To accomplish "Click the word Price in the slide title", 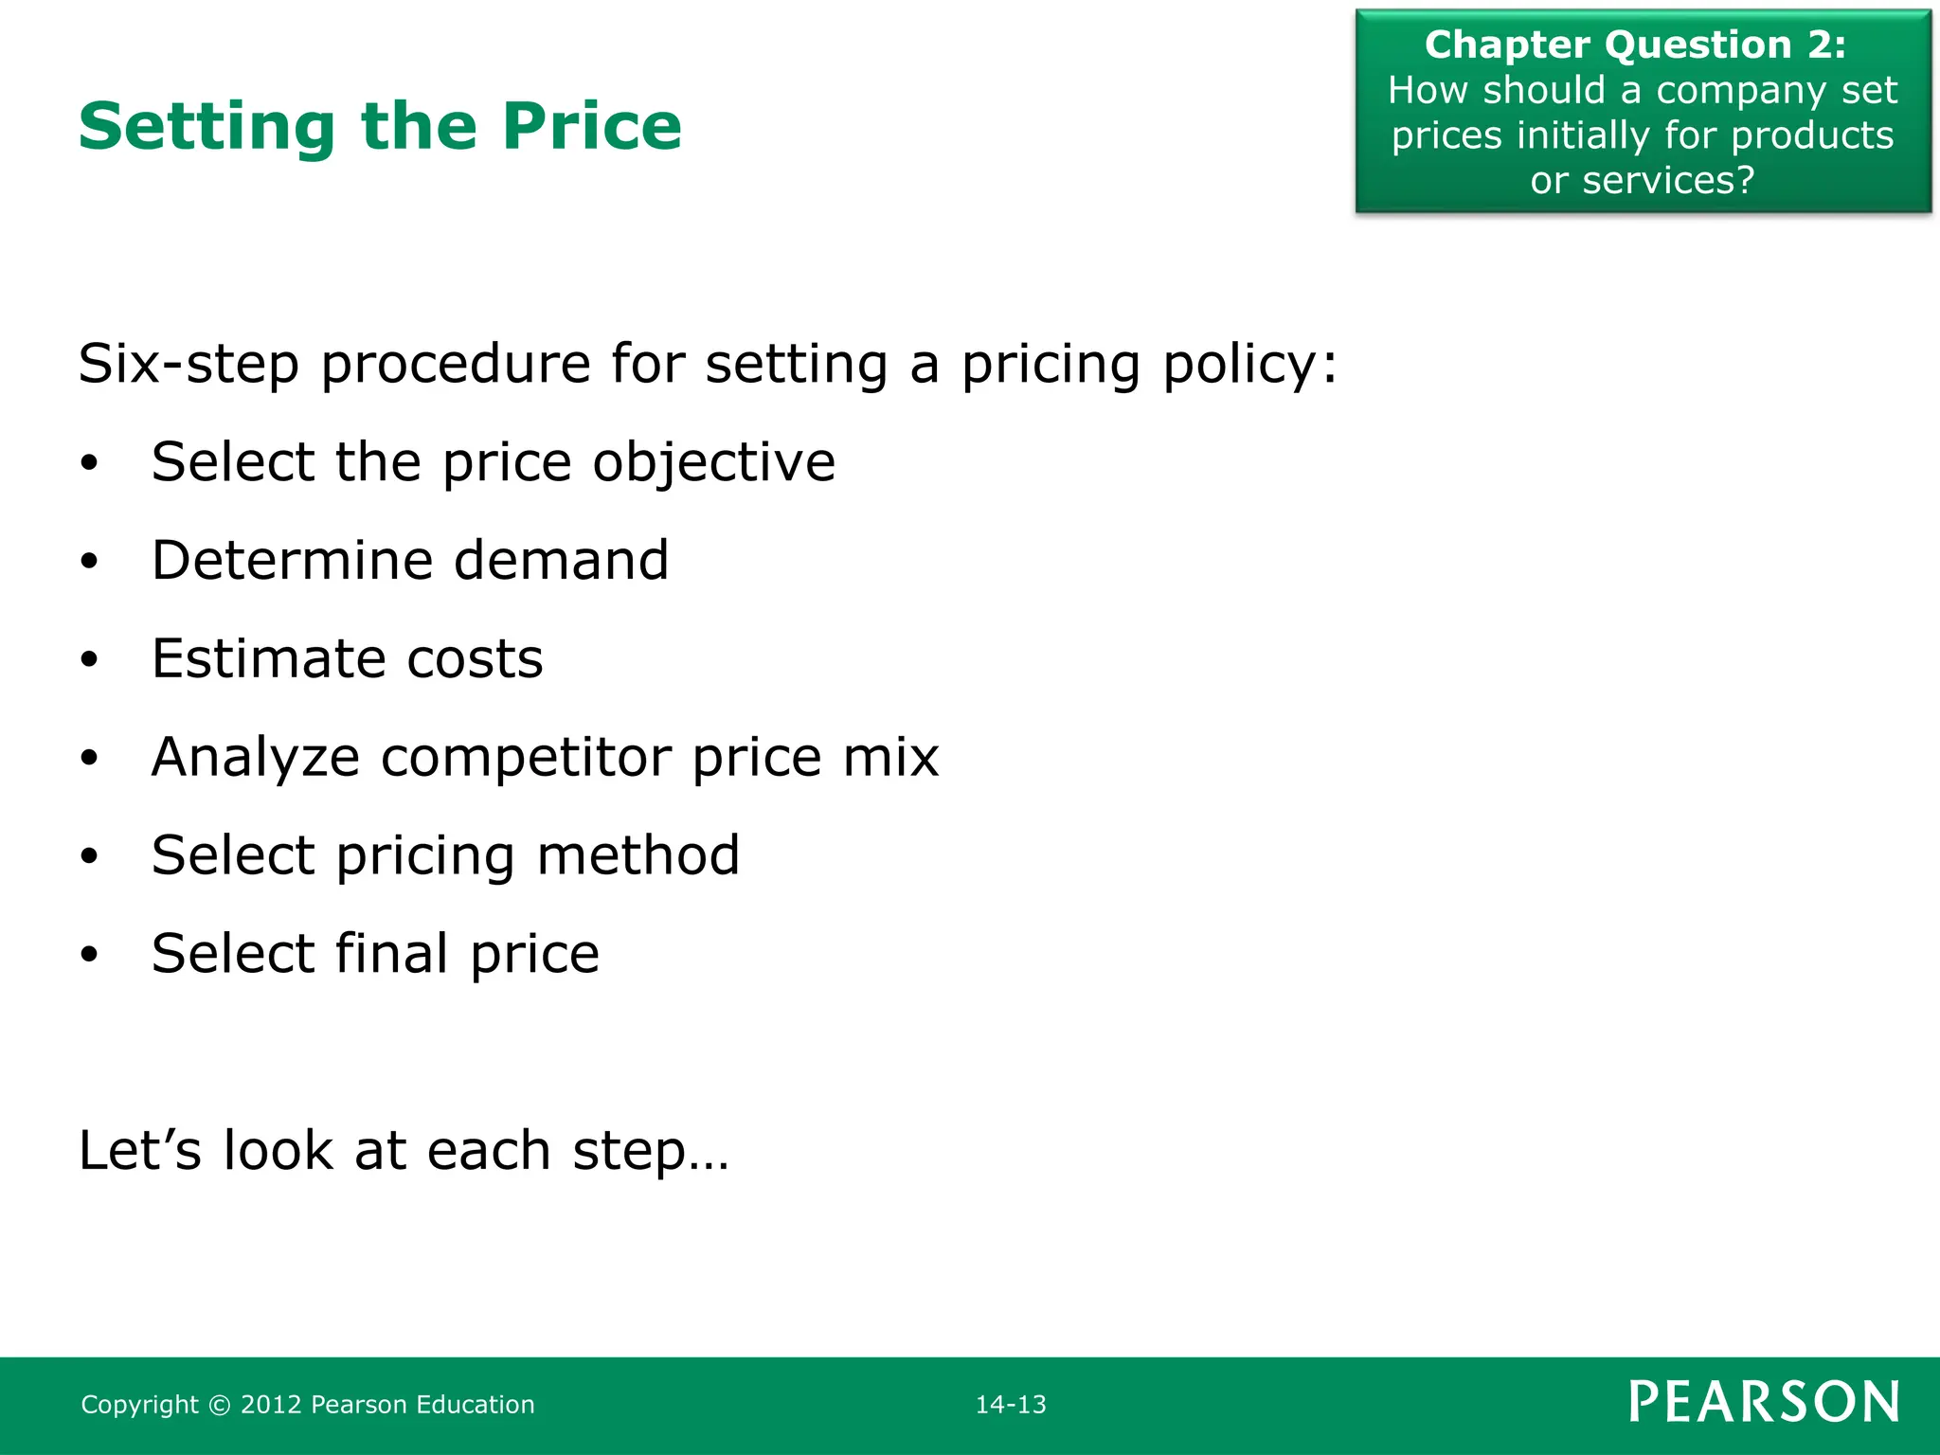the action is point(591,126).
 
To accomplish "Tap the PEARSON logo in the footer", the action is point(1764,1402).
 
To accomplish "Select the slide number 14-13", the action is point(1011,1404).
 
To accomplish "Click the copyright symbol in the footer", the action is point(219,1405).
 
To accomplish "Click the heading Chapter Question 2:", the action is point(1635,45).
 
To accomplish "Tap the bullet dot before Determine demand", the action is point(89,562).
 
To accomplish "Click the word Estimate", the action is point(268,658).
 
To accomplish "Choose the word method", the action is point(638,855).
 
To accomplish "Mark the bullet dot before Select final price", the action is point(89,955).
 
